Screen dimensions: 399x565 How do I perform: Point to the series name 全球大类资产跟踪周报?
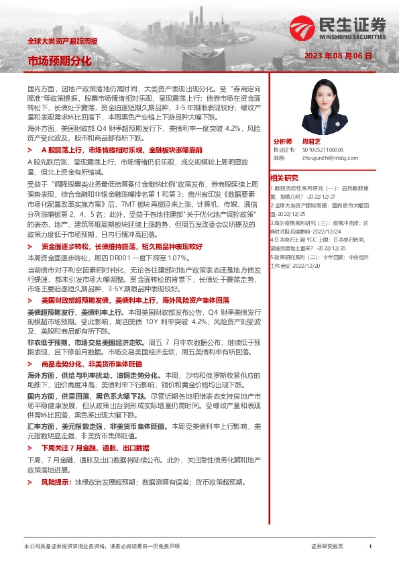tap(62, 42)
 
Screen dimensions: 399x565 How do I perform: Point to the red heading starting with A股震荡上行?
tap(121, 150)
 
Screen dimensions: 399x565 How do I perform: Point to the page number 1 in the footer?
tap(370, 547)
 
